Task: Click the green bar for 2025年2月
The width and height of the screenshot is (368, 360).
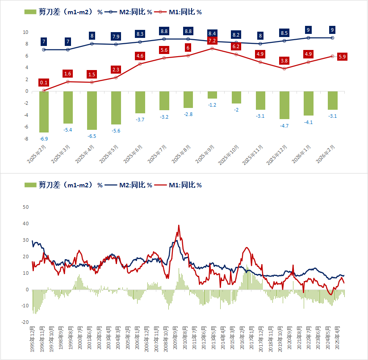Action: [x=44, y=112]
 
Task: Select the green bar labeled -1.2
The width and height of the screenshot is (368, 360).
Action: [x=212, y=95]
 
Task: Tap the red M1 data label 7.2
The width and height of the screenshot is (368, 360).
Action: [x=212, y=40]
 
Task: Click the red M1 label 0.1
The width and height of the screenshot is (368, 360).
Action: [x=44, y=83]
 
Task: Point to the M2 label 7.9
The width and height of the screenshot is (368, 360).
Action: [x=116, y=36]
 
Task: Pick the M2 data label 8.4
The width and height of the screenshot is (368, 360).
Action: [x=212, y=33]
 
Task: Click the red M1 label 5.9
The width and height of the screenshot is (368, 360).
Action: [x=343, y=57]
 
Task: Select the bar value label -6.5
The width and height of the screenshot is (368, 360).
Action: [x=92, y=136]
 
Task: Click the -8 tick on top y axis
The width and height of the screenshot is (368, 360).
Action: [x=26, y=139]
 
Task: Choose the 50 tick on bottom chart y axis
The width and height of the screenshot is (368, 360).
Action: [x=25, y=207]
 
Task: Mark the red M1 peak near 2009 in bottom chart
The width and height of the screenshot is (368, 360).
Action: [x=179, y=226]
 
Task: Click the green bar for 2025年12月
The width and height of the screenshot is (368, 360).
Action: [x=284, y=105]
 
